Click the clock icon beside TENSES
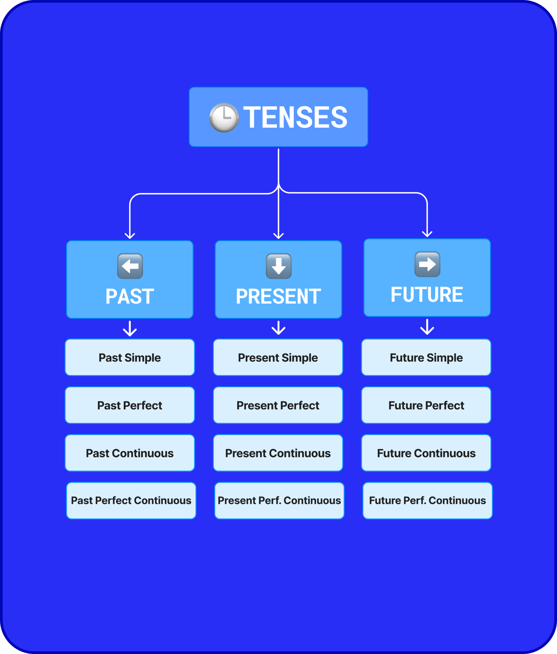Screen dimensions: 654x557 pyautogui.click(x=224, y=117)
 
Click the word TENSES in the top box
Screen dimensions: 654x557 pyautogui.click(x=295, y=117)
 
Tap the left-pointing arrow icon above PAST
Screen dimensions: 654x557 pyautogui.click(x=130, y=266)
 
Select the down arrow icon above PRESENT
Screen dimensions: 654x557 pyautogui.click(x=278, y=266)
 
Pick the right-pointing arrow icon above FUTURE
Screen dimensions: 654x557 pyautogui.click(x=427, y=264)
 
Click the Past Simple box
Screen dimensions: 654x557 pyautogui.click(x=130, y=357)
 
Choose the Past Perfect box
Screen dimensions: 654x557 pyautogui.click(x=130, y=405)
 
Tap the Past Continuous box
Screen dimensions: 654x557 pyautogui.click(x=130, y=453)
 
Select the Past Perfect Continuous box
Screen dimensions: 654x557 pyautogui.click(x=131, y=500)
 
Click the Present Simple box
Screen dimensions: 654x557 pyautogui.click(x=278, y=357)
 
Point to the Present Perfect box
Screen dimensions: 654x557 pyautogui.click(x=278, y=405)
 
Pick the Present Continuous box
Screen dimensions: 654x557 pyautogui.click(x=278, y=453)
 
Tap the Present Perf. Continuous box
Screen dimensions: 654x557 pyautogui.click(x=279, y=500)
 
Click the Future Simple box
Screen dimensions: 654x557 pyautogui.click(x=426, y=357)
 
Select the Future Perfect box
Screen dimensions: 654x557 pyautogui.click(x=426, y=405)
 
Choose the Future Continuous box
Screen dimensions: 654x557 pyautogui.click(x=426, y=453)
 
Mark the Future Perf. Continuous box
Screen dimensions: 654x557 pyautogui.click(x=428, y=500)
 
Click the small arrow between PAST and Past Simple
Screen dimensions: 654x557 pyautogui.click(x=130, y=328)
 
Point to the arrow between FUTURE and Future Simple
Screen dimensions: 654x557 pyautogui.click(x=427, y=327)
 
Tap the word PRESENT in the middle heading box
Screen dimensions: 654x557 pyautogui.click(x=278, y=297)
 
